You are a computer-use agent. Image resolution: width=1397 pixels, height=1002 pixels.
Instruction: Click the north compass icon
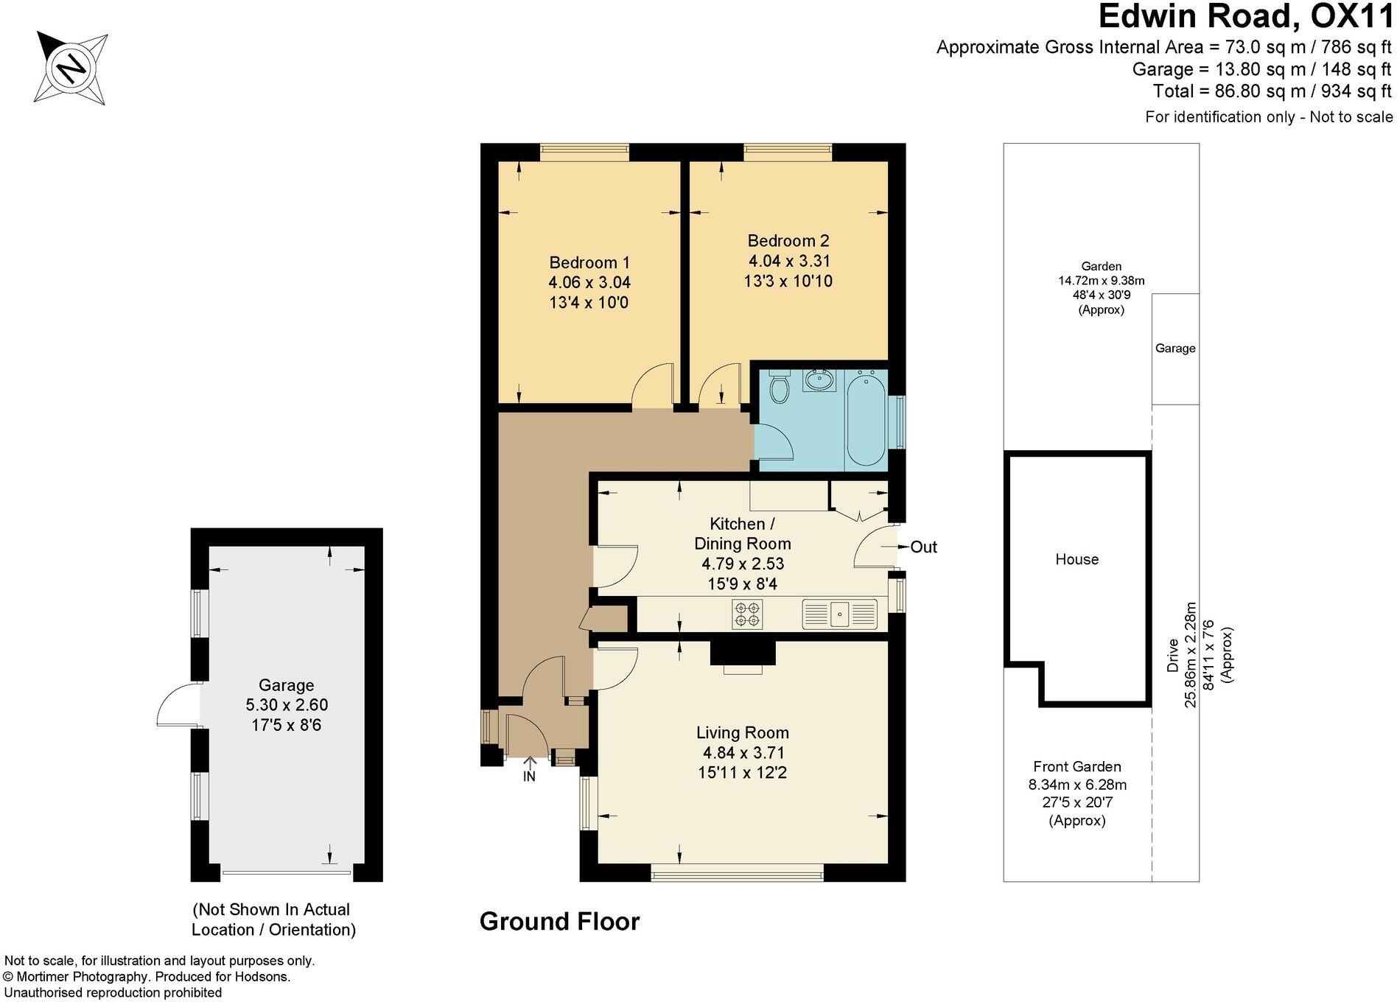(71, 69)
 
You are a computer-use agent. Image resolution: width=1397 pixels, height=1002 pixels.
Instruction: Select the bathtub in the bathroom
(866, 420)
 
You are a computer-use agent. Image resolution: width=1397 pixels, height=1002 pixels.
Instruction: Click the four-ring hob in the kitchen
(747, 614)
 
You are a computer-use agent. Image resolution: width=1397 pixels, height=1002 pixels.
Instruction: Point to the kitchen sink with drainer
(840, 614)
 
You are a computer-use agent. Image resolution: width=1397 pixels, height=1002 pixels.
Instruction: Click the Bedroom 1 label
(589, 262)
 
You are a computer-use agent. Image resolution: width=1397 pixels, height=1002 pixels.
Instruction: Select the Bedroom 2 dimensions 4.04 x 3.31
(789, 261)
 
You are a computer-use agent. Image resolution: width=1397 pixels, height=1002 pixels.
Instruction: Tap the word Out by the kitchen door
(923, 547)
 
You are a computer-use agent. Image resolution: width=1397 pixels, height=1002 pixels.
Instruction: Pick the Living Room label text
(742, 732)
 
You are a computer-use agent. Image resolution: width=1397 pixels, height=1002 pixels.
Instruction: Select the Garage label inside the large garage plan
(286, 685)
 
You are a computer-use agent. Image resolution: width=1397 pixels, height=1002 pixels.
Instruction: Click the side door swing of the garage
(178, 705)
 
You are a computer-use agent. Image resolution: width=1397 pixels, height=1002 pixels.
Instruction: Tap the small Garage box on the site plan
(1174, 348)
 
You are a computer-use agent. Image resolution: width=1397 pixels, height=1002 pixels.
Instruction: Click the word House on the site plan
(1076, 559)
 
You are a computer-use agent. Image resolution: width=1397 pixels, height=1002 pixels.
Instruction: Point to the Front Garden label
(1076, 766)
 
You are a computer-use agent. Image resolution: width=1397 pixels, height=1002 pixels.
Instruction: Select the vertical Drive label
(1172, 656)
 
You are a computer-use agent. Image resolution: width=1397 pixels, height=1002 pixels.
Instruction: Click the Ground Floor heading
(559, 921)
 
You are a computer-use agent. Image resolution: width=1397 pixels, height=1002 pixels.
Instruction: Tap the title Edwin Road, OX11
(1245, 16)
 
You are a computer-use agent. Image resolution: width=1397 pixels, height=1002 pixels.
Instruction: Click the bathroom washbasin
(819, 381)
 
